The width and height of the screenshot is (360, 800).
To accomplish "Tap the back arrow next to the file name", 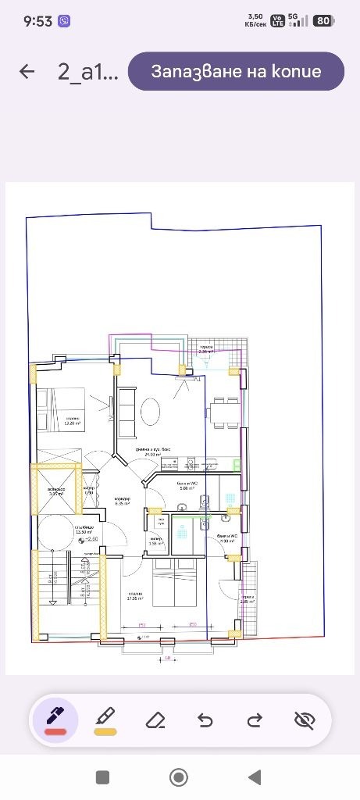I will tap(27, 72).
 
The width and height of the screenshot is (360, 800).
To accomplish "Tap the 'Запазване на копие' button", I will tap(236, 72).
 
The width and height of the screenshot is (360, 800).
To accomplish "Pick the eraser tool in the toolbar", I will tap(155, 720).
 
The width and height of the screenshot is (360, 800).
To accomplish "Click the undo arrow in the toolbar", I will tap(205, 720).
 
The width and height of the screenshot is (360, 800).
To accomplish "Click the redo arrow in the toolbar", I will tap(255, 720).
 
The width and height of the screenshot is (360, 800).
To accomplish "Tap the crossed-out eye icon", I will tap(305, 720).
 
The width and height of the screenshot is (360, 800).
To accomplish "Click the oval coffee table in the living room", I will tap(150, 409).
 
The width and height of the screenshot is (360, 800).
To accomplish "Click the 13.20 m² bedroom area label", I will tap(73, 422).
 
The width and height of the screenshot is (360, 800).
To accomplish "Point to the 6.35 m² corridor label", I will tap(122, 501).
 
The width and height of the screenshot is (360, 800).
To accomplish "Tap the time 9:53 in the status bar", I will tap(37, 22).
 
